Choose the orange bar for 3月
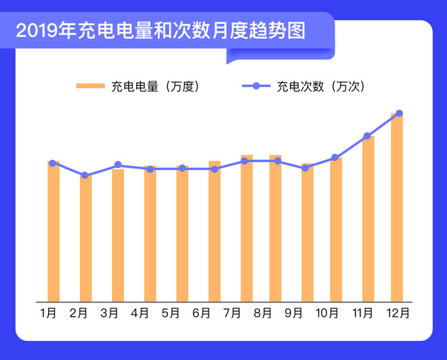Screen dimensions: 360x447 (x=118, y=235)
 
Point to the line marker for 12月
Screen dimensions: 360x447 (x=399, y=113)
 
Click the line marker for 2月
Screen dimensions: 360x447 (x=85, y=176)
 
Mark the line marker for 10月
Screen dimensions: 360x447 (x=335, y=157)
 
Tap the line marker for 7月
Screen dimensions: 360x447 (x=244, y=161)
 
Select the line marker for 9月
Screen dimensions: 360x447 (x=305, y=168)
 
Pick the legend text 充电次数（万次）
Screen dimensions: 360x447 (x=320, y=86)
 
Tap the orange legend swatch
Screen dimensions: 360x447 (x=89, y=86)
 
